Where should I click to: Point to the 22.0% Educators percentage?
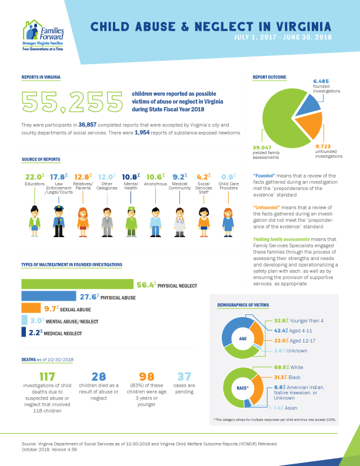click(x=34, y=176)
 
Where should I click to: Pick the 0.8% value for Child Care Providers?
click(x=228, y=176)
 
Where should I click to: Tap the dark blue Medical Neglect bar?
click(x=24, y=332)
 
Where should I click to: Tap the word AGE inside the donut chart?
click(x=243, y=339)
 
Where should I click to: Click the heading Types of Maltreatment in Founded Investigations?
click(x=64, y=265)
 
